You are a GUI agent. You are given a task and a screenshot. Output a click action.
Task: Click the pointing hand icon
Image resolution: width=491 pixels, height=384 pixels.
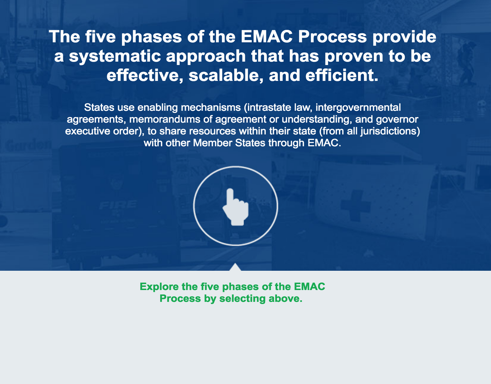pyautogui.click(x=236, y=207)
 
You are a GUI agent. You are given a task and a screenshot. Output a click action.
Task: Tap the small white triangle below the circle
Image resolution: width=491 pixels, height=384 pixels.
pyautogui.click(x=235, y=267)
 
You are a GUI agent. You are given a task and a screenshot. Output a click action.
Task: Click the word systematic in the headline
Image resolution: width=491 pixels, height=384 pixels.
pyautogui.click(x=115, y=56)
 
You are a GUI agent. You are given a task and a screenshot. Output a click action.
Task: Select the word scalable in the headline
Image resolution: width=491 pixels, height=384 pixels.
pyautogui.click(x=226, y=75)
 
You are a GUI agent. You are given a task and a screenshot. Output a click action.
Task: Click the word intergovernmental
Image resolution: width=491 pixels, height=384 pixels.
pyautogui.click(x=358, y=108)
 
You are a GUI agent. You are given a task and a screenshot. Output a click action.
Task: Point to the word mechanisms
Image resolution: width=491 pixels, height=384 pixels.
pyautogui.click(x=211, y=108)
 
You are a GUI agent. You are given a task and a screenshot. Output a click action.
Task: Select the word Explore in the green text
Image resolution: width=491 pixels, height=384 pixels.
pyautogui.click(x=159, y=287)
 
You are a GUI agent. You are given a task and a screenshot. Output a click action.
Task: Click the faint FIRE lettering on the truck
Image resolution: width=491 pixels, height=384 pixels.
pyautogui.click(x=118, y=205)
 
